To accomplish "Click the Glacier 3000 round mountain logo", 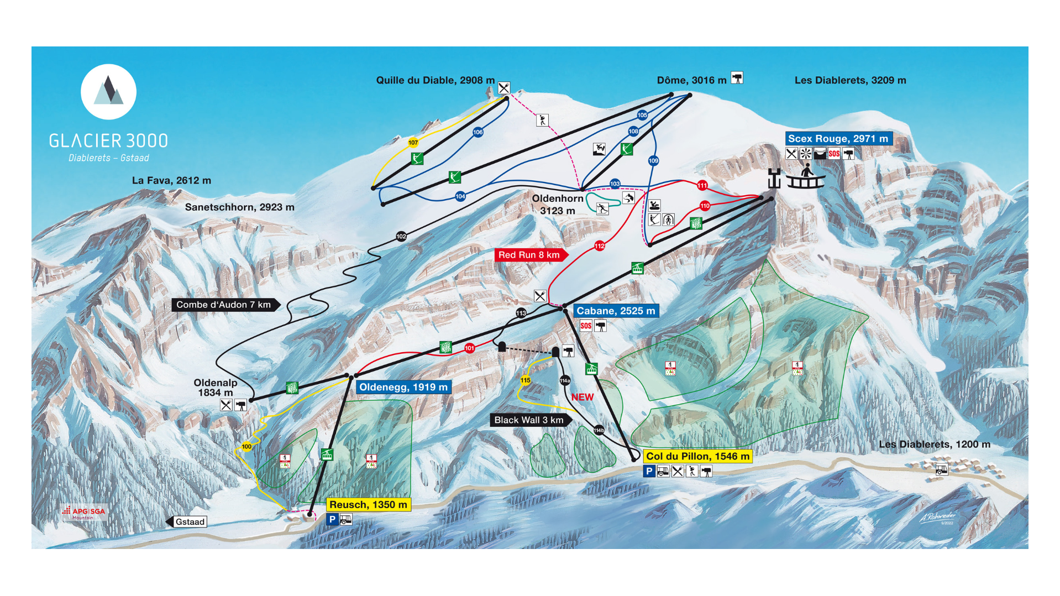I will pyautogui.click(x=108, y=92).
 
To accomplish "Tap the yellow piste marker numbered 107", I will pyautogui.click(x=413, y=143).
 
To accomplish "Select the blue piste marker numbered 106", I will pyautogui.click(x=478, y=132).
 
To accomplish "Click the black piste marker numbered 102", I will pyautogui.click(x=401, y=237).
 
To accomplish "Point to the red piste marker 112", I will pyautogui.click(x=600, y=245).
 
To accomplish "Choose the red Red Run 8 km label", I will pyautogui.click(x=529, y=255).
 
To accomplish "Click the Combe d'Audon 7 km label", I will pyautogui.click(x=224, y=305).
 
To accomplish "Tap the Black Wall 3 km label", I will pyautogui.click(x=529, y=420).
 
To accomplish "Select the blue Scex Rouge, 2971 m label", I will pyautogui.click(x=838, y=139).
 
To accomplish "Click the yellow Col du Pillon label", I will pyautogui.click(x=697, y=456).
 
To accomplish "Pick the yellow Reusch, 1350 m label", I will pyautogui.click(x=368, y=504).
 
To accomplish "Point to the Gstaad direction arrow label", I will pyautogui.click(x=187, y=522).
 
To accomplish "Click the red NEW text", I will pyautogui.click(x=583, y=397).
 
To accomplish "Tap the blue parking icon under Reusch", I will pyautogui.click(x=332, y=519).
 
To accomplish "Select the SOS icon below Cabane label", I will pyautogui.click(x=586, y=326).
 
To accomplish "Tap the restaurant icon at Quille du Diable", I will pyautogui.click(x=503, y=88).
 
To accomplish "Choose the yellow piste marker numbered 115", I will pyautogui.click(x=525, y=380).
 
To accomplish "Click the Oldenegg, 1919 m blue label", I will pyautogui.click(x=403, y=387).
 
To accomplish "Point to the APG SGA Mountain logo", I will pyautogui.click(x=84, y=513).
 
